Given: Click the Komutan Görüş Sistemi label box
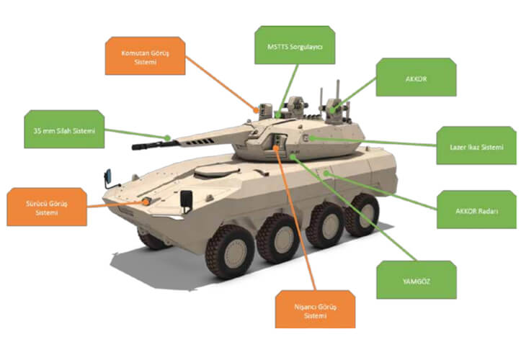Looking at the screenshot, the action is coord(145,55).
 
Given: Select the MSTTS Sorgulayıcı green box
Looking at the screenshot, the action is coord(295,45).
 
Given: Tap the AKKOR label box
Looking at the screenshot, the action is coord(416,77).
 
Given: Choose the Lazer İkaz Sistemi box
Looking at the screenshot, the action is coord(476,145).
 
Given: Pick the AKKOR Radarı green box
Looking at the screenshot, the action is coord(477,210).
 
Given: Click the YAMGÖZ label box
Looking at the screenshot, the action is coord(417,280).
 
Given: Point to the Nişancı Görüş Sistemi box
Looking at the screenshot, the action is coord(316,310).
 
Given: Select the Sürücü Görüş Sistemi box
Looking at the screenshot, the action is coord(47,207).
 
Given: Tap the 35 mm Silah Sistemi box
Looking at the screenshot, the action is coord(64,129).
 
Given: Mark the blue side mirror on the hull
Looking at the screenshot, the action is coord(107,176).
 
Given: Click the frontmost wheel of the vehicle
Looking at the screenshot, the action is coord(230,252).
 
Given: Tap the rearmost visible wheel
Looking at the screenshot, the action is coord(362,214).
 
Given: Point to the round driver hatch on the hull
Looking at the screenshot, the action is coord(217,171).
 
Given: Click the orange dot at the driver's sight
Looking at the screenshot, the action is coord(146,201).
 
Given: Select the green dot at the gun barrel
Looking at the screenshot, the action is coord(168,138).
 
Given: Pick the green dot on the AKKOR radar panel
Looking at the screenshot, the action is coord(326,173).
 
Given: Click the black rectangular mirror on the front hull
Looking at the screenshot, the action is coord(187,199).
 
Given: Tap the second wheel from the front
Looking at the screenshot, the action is coord(277,237).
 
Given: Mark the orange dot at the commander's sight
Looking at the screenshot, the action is coord(256,109).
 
